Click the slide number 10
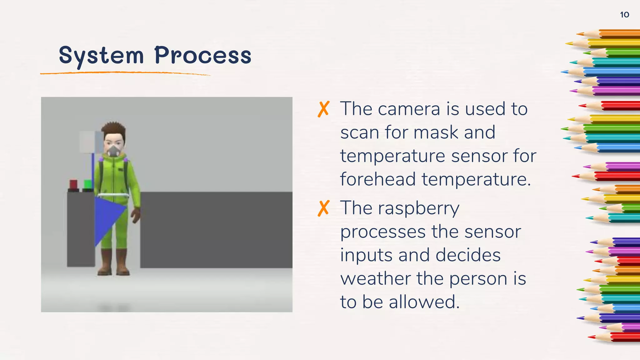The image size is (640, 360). (x=624, y=15)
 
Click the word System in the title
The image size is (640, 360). (x=101, y=56)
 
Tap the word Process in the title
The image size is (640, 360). (x=203, y=56)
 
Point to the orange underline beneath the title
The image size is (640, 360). (x=125, y=73)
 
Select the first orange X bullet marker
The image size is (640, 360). (x=323, y=109)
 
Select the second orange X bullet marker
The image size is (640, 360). (x=323, y=208)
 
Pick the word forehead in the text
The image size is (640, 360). (x=378, y=179)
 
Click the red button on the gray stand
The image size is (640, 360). (x=73, y=184)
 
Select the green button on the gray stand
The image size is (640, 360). (x=88, y=184)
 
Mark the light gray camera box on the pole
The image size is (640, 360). (x=91, y=142)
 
